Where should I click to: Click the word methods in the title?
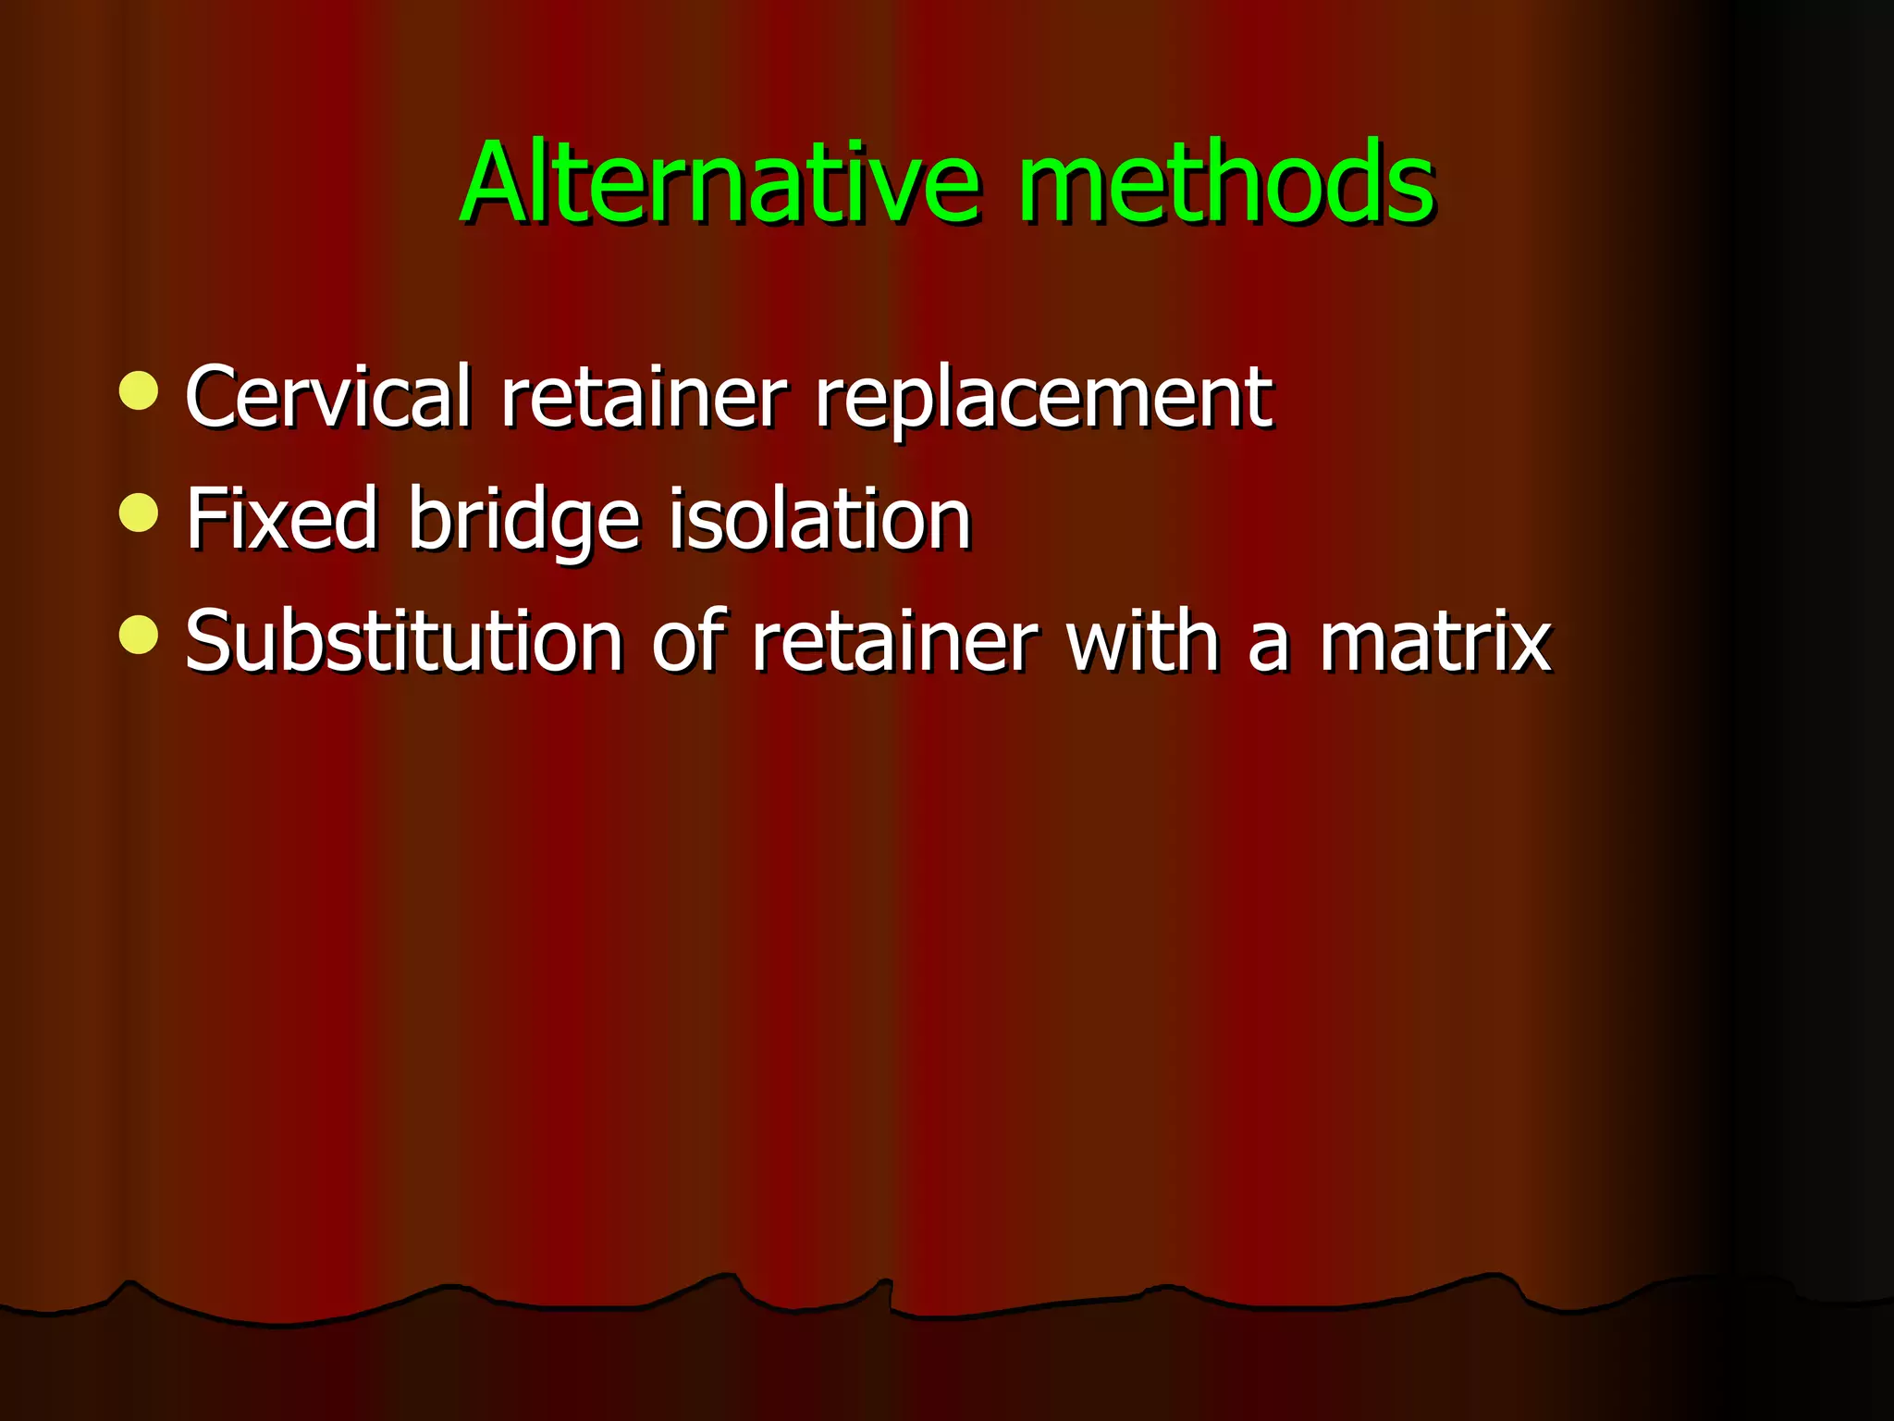[x=1226, y=182]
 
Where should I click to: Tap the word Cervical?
[x=328, y=397]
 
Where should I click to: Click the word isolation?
[x=819, y=519]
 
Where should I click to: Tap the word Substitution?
[x=404, y=641]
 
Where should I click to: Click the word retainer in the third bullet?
[x=894, y=641]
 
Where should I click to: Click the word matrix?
[x=1435, y=641]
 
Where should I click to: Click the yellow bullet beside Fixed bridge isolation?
[x=139, y=513]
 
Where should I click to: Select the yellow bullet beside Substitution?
[x=139, y=635]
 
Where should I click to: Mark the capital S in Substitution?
[x=208, y=641]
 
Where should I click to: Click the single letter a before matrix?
[x=1268, y=648]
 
